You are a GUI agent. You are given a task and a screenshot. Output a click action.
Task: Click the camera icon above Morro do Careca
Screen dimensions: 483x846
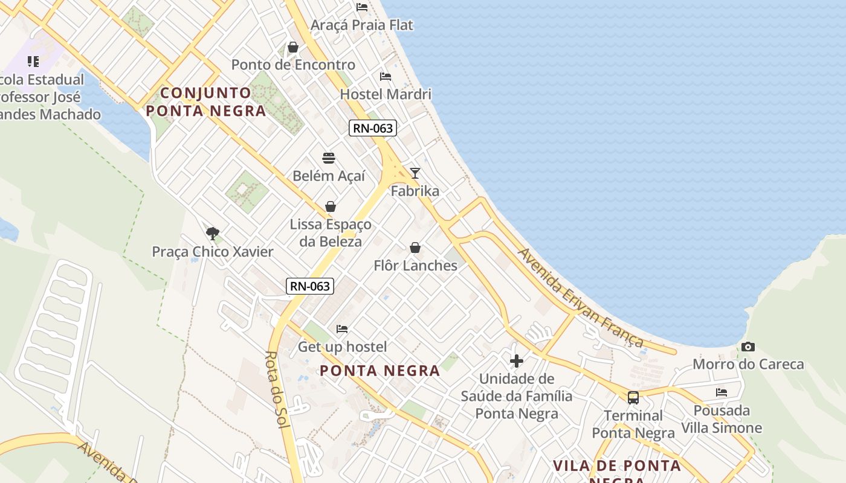click(x=748, y=347)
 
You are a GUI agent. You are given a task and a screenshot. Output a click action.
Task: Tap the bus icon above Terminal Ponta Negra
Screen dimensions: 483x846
click(x=633, y=398)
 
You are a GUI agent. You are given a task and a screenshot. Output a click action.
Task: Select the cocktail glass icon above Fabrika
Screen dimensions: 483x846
click(x=415, y=173)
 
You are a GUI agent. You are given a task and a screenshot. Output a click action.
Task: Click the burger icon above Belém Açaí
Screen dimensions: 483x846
click(x=329, y=158)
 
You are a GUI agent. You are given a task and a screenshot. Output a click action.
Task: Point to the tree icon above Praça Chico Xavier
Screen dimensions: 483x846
click(x=212, y=234)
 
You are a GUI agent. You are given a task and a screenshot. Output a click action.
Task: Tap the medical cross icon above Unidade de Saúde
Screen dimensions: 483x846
click(x=517, y=361)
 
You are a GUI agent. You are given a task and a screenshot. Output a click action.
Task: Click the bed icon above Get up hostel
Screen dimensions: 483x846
click(x=342, y=329)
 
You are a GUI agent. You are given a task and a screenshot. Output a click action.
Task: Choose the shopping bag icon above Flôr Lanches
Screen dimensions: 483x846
click(x=415, y=248)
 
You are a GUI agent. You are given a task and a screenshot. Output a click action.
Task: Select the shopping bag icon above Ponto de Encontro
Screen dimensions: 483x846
click(x=293, y=47)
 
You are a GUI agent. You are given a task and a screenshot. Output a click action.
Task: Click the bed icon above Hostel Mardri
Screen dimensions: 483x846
click(x=385, y=77)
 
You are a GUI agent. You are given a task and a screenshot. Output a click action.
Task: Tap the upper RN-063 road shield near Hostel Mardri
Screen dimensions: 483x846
click(x=372, y=128)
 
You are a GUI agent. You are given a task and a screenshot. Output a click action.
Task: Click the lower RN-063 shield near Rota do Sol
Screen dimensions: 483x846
click(x=310, y=286)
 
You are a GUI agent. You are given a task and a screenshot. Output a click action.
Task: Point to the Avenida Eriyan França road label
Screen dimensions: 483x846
click(x=580, y=298)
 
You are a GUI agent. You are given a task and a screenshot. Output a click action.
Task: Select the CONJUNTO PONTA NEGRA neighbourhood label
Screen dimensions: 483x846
click(x=206, y=101)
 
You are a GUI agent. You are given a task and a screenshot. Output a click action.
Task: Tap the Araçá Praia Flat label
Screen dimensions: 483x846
click(x=361, y=25)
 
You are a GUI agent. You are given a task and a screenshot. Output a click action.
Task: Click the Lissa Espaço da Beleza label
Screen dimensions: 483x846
click(x=331, y=232)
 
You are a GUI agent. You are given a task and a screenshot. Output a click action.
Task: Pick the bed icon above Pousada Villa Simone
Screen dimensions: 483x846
click(x=722, y=392)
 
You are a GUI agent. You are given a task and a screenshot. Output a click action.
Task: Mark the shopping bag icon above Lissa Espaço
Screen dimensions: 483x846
click(x=331, y=206)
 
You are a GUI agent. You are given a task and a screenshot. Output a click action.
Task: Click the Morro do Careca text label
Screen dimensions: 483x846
click(x=748, y=364)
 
